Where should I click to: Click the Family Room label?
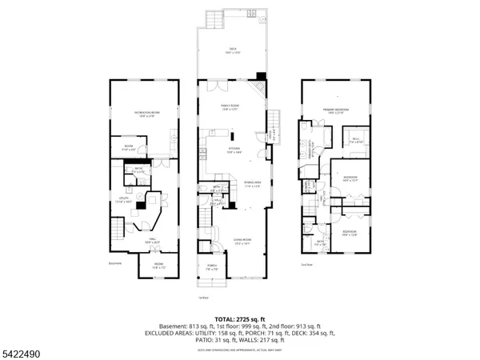point(231,107)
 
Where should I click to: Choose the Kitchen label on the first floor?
point(234,150)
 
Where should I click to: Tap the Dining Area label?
point(252,185)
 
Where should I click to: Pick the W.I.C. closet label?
point(356,141)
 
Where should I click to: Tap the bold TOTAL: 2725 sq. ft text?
point(239,317)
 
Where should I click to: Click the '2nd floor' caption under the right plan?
point(307,264)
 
